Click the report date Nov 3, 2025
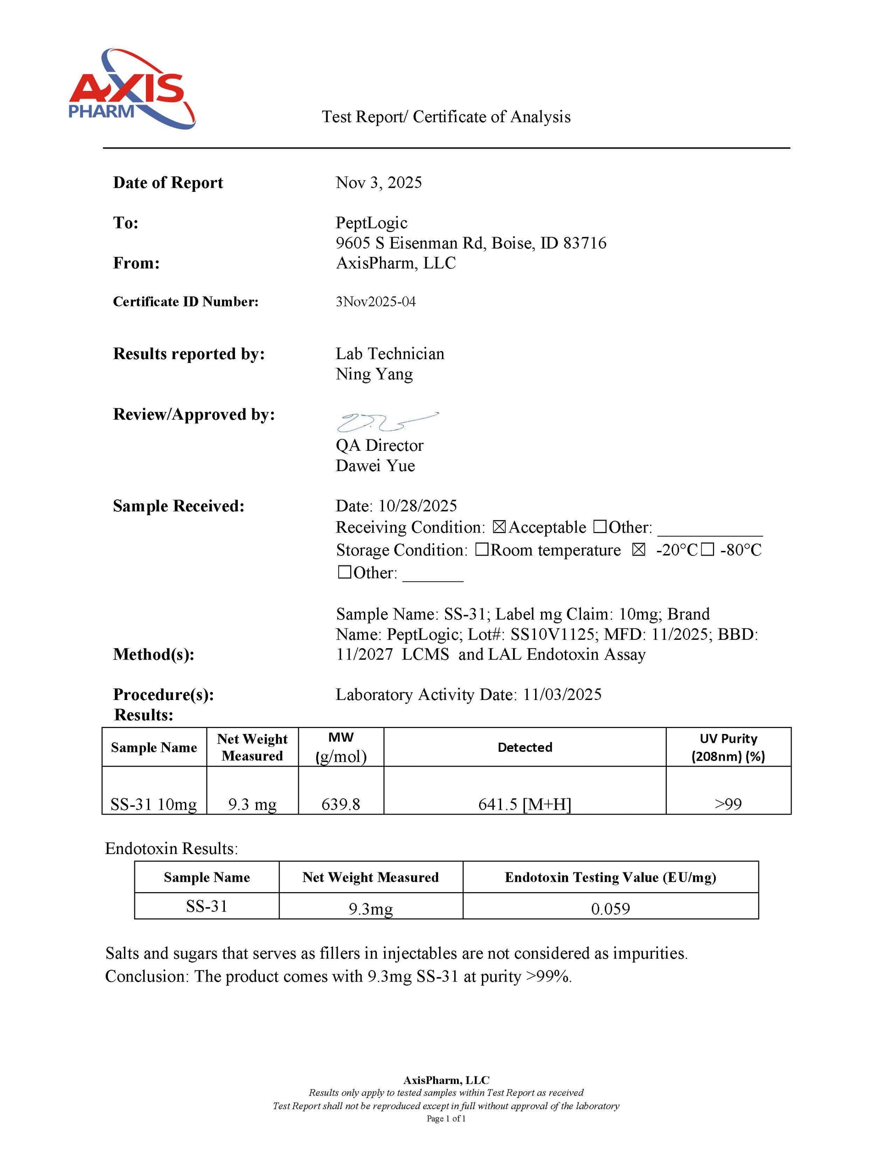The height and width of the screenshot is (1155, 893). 378,183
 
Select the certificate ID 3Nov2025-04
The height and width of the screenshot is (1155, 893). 376,301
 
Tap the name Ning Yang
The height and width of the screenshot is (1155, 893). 374,374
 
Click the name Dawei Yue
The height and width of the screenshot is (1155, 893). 375,466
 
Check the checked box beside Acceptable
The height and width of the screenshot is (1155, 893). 499,527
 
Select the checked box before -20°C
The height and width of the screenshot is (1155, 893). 638,550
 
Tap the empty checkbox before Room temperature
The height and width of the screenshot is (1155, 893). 481,550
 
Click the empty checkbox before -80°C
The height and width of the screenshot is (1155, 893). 707,550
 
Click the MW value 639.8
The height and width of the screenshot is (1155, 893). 340,805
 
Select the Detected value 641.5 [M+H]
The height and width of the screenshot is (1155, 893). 524,805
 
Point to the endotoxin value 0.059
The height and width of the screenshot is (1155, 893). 610,909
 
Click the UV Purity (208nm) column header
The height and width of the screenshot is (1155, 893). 728,747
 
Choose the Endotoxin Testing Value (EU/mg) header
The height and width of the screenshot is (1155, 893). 610,877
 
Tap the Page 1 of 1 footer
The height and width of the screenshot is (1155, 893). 446,1118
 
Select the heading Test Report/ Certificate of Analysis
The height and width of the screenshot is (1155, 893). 446,117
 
